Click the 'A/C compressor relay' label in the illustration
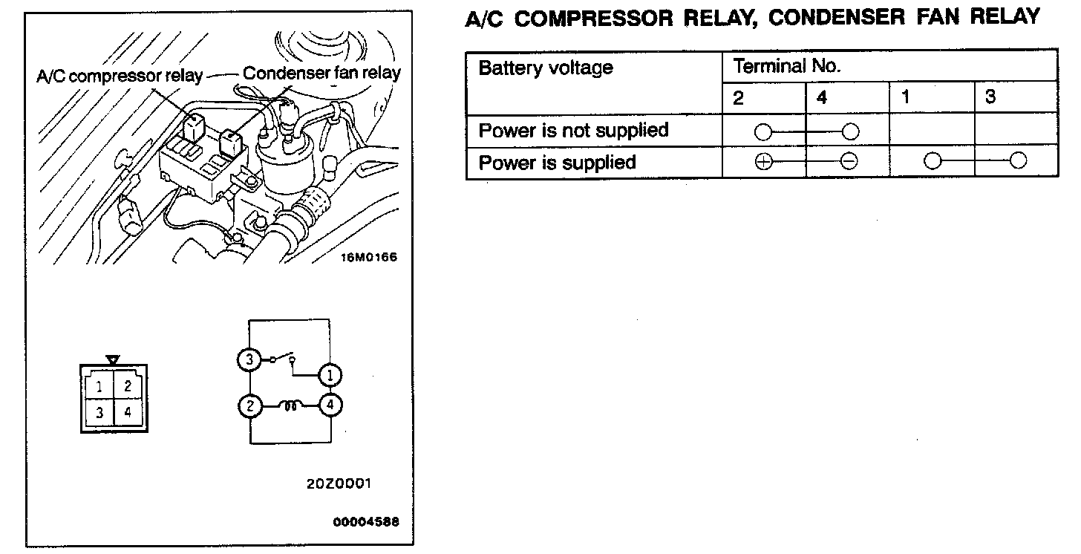pyautogui.click(x=120, y=76)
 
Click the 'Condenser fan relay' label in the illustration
pyautogui.click(x=321, y=73)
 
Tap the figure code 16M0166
pyautogui.click(x=369, y=258)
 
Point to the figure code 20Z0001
pyautogui.click(x=339, y=483)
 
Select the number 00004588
pyautogui.click(x=366, y=521)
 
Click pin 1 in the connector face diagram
pyautogui.click(x=99, y=386)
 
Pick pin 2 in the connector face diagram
pyautogui.click(x=128, y=386)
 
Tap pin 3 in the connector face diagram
pyautogui.click(x=99, y=412)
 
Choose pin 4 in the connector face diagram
pyautogui.click(x=128, y=412)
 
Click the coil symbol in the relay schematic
pyautogui.click(x=290, y=406)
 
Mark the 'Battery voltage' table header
pyautogui.click(x=546, y=68)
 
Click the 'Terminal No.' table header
pyautogui.click(x=786, y=66)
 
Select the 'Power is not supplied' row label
pyautogui.click(x=573, y=131)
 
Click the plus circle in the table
pyautogui.click(x=762, y=162)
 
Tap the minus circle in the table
pyautogui.click(x=849, y=162)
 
